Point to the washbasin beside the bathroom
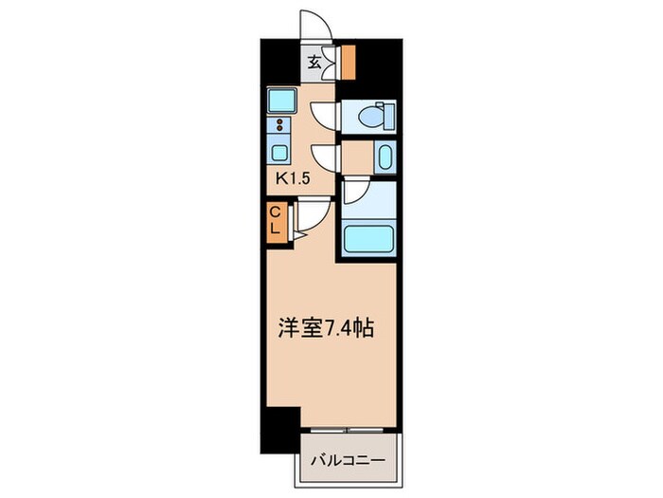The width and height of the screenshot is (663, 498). tap(383, 156)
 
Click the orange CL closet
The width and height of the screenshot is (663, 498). tap(274, 220)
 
